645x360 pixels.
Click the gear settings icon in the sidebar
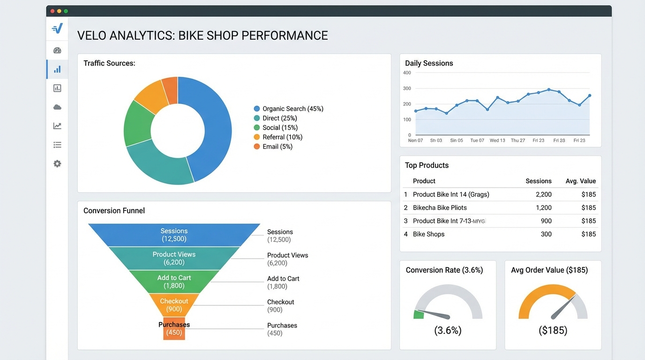click(x=57, y=164)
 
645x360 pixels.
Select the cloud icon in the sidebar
click(x=57, y=107)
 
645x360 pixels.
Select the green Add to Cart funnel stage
click(x=174, y=282)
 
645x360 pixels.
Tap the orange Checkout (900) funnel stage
click(x=174, y=305)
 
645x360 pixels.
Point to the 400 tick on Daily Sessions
click(x=407, y=73)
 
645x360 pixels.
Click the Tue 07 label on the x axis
click(x=477, y=140)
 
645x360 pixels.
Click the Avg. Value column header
click(x=580, y=181)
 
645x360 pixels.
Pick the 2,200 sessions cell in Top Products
click(x=543, y=195)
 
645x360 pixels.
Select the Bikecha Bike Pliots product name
click(x=440, y=208)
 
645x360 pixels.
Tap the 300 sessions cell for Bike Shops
click(x=546, y=234)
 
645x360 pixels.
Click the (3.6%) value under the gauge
click(x=448, y=330)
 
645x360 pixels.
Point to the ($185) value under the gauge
click(x=553, y=330)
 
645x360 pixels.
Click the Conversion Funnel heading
click(x=114, y=211)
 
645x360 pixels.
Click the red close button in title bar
click(x=52, y=11)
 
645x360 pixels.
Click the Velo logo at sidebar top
click(x=57, y=29)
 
